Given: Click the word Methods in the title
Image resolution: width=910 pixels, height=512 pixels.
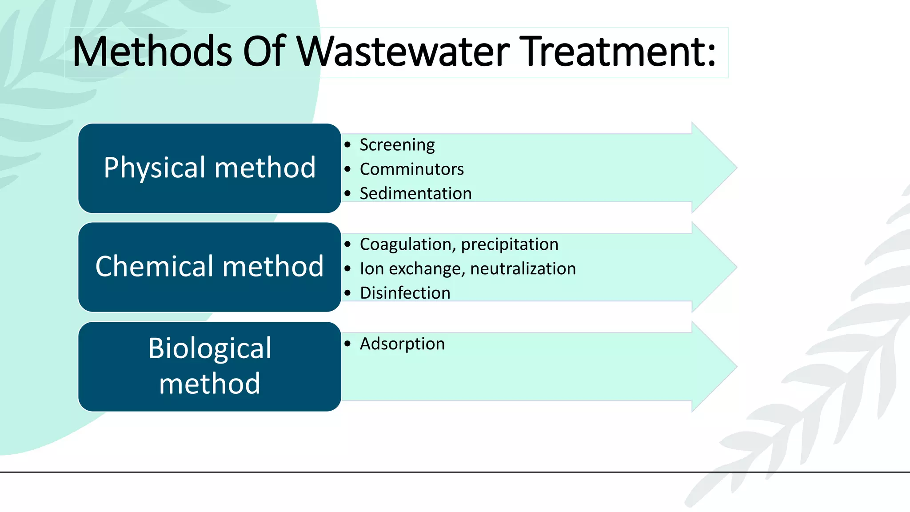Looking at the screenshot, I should (x=152, y=52).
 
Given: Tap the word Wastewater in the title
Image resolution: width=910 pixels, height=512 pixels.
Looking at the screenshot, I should (x=403, y=52).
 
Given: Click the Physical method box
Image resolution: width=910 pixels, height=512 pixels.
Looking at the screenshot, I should (x=210, y=168).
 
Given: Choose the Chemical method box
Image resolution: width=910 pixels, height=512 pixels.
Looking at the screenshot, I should (x=210, y=267).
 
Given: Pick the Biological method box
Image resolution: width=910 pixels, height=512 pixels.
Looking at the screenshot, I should (x=210, y=366).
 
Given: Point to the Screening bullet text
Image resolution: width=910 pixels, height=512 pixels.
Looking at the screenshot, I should (x=397, y=145).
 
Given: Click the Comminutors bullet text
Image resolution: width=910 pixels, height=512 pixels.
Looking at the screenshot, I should (x=411, y=169).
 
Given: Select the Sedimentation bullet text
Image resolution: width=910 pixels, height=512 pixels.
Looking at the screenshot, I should (x=415, y=194).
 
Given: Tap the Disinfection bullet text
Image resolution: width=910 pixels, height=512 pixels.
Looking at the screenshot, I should (x=405, y=293).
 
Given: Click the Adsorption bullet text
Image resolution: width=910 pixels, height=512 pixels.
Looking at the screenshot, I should (x=402, y=344).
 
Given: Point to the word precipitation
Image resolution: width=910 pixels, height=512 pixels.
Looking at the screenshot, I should (x=510, y=244).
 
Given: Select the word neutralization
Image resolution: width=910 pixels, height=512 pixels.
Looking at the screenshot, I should (x=523, y=269).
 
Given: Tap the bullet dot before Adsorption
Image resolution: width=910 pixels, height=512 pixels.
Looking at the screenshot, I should (x=347, y=344).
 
